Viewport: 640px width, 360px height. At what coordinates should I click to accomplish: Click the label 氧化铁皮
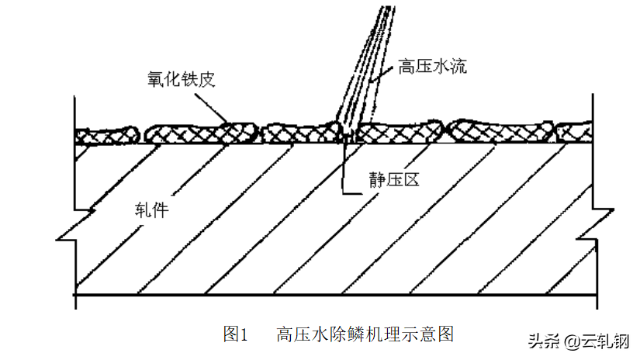[x=180, y=78]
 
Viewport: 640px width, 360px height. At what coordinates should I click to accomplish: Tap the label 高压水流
[x=432, y=67]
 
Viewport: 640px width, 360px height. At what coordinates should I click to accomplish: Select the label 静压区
[x=393, y=179]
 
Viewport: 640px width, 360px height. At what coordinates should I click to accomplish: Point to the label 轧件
[x=150, y=209]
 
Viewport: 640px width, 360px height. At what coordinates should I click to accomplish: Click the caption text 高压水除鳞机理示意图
[x=365, y=334]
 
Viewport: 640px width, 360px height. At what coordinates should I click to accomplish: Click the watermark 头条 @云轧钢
[x=579, y=341]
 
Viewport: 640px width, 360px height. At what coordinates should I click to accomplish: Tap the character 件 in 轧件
[x=160, y=209]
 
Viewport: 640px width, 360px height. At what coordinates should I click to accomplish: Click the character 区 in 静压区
[x=410, y=179]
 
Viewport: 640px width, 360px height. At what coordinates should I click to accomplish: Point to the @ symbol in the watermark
[x=572, y=341]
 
